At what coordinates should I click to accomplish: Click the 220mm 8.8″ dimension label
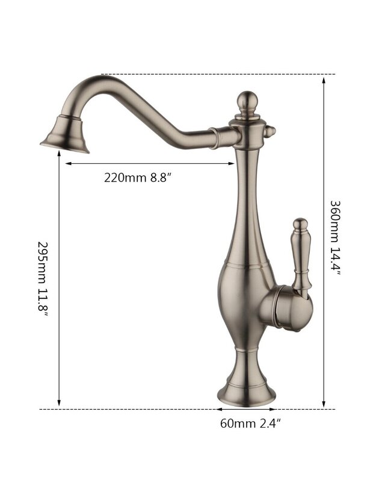[137, 177]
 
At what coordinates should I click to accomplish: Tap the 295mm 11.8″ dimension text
[43, 279]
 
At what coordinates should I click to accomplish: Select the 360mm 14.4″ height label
[335, 238]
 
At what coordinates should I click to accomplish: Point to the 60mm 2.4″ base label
[250, 424]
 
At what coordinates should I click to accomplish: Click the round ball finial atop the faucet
[247, 99]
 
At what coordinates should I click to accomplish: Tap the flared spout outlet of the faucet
[65, 134]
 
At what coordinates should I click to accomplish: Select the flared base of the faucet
[246, 390]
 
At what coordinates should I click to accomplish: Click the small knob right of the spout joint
[270, 132]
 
